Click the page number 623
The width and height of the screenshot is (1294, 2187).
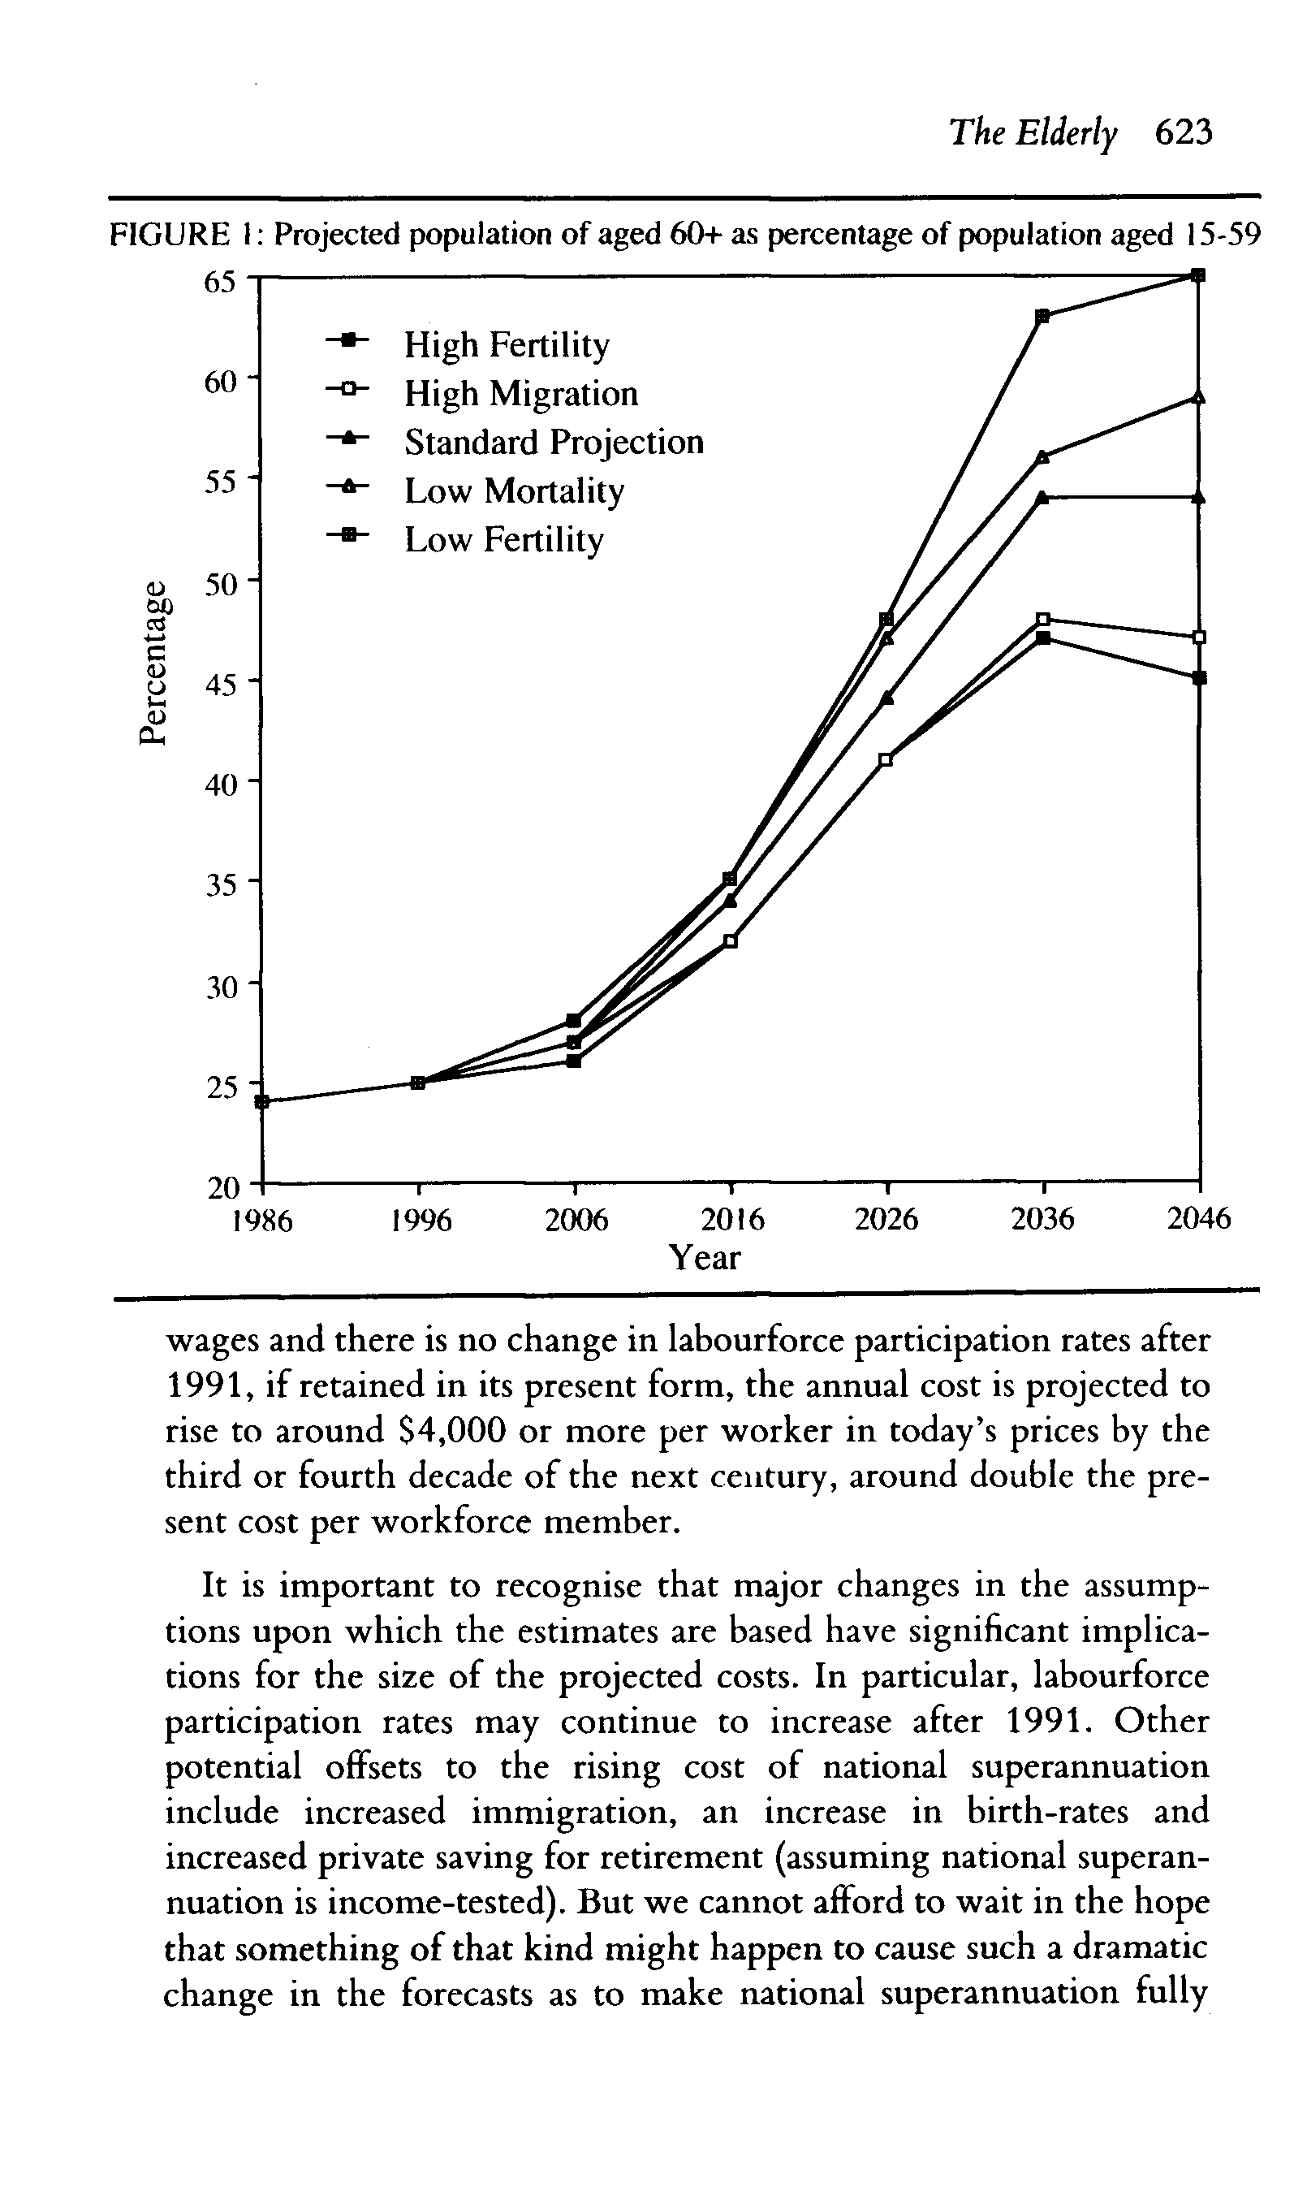pyautogui.click(x=1184, y=132)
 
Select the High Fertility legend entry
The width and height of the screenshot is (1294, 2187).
pyautogui.click(x=507, y=344)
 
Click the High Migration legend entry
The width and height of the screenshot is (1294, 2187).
pyautogui.click(x=520, y=393)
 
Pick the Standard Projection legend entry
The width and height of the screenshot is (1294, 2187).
pyautogui.click(x=554, y=442)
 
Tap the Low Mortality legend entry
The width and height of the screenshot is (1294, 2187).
pyautogui.click(x=514, y=491)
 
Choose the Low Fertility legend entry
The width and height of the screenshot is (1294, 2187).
pyautogui.click(x=503, y=540)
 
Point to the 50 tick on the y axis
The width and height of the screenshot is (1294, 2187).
pyautogui.click(x=220, y=582)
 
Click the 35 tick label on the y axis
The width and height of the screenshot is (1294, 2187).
pyautogui.click(x=220, y=885)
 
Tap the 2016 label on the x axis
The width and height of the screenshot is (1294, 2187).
pyautogui.click(x=732, y=1219)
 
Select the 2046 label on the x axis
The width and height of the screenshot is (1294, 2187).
pyautogui.click(x=1199, y=1219)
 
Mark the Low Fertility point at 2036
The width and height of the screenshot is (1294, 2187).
pyautogui.click(x=1043, y=316)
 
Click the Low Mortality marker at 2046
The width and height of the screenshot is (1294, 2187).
pyautogui.click(x=1199, y=397)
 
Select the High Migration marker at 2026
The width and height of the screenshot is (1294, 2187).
pyautogui.click(x=886, y=759)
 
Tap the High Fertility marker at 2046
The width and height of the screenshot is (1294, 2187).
pyautogui.click(x=1199, y=677)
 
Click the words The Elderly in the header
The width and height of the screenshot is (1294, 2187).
pyautogui.click(x=1033, y=132)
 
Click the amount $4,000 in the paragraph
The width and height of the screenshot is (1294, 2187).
pyautogui.click(x=451, y=1431)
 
